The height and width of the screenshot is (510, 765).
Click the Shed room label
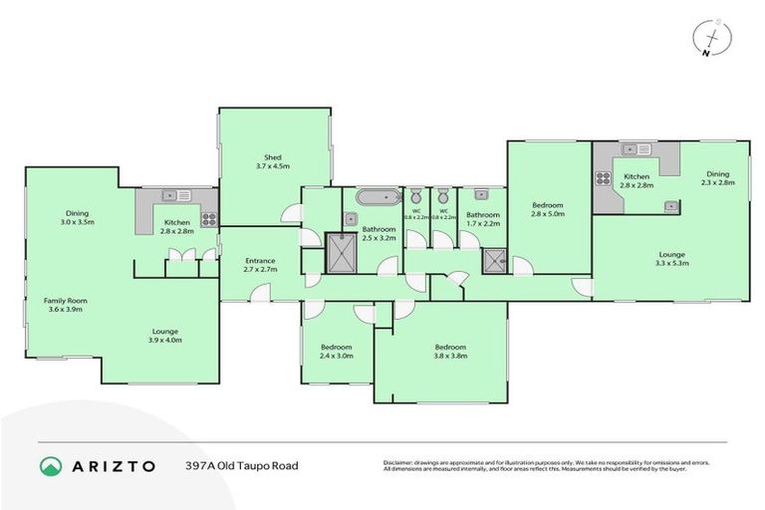point(273,156)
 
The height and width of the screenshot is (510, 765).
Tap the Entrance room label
point(259,262)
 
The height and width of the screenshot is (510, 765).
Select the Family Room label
point(65,300)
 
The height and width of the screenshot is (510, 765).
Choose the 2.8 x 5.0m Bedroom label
point(547,206)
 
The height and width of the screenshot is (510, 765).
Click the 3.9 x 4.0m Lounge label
point(165,332)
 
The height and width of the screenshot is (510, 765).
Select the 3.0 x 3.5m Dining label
point(78,213)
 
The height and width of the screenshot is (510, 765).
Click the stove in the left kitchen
point(208,219)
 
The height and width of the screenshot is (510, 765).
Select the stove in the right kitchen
point(604,178)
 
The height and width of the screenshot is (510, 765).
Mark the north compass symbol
point(707,37)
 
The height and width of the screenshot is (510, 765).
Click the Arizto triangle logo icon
point(50,465)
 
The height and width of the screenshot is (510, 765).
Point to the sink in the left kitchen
point(170,196)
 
